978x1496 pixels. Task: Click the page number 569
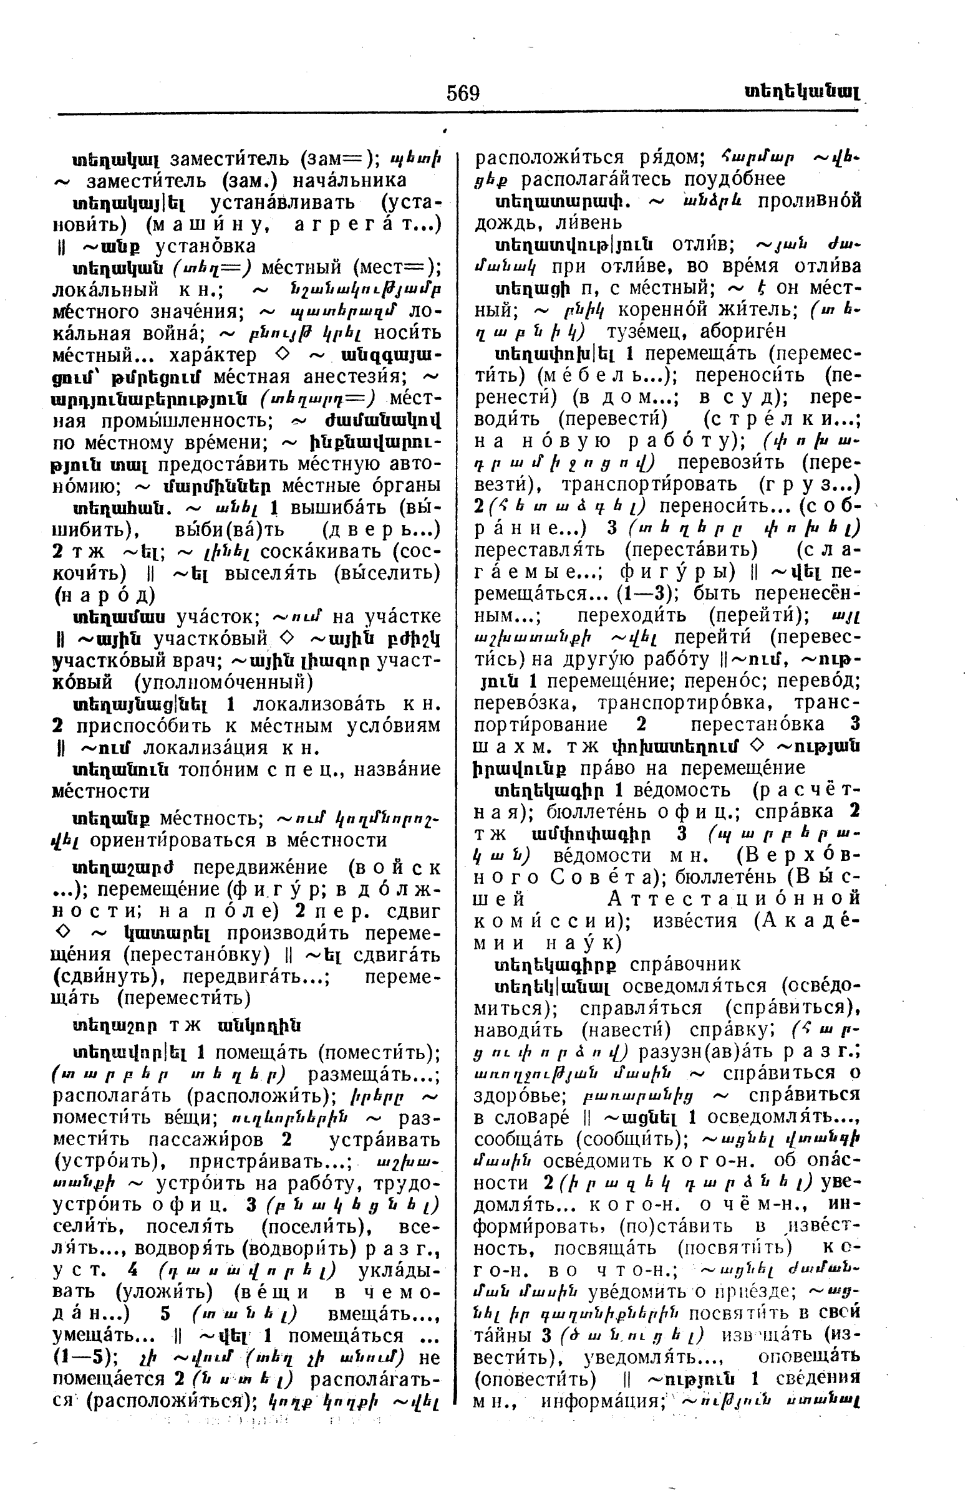[463, 93]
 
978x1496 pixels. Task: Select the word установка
[205, 246]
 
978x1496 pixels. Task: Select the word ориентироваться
[183, 840]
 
